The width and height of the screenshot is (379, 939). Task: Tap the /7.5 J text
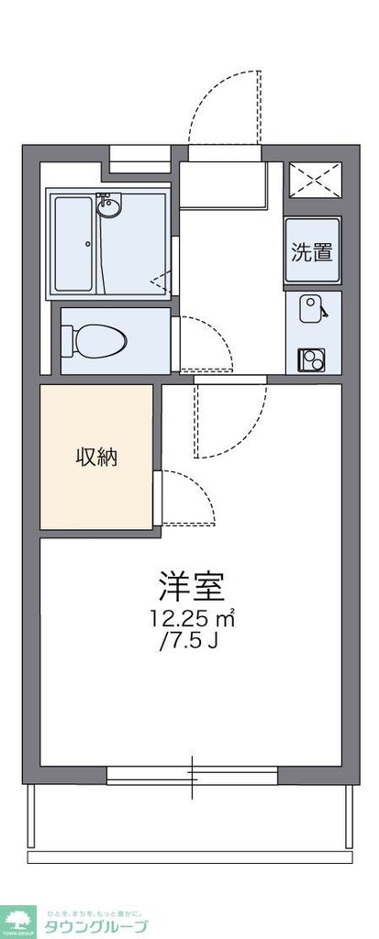click(189, 640)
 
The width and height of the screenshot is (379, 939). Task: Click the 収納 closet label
click(95, 457)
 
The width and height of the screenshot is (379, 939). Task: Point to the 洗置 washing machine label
click(312, 251)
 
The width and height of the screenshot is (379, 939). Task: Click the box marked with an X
click(314, 178)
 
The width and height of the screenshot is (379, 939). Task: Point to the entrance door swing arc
click(225, 105)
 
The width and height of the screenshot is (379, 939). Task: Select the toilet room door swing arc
click(206, 344)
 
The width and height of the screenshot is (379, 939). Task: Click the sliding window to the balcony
click(192, 775)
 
